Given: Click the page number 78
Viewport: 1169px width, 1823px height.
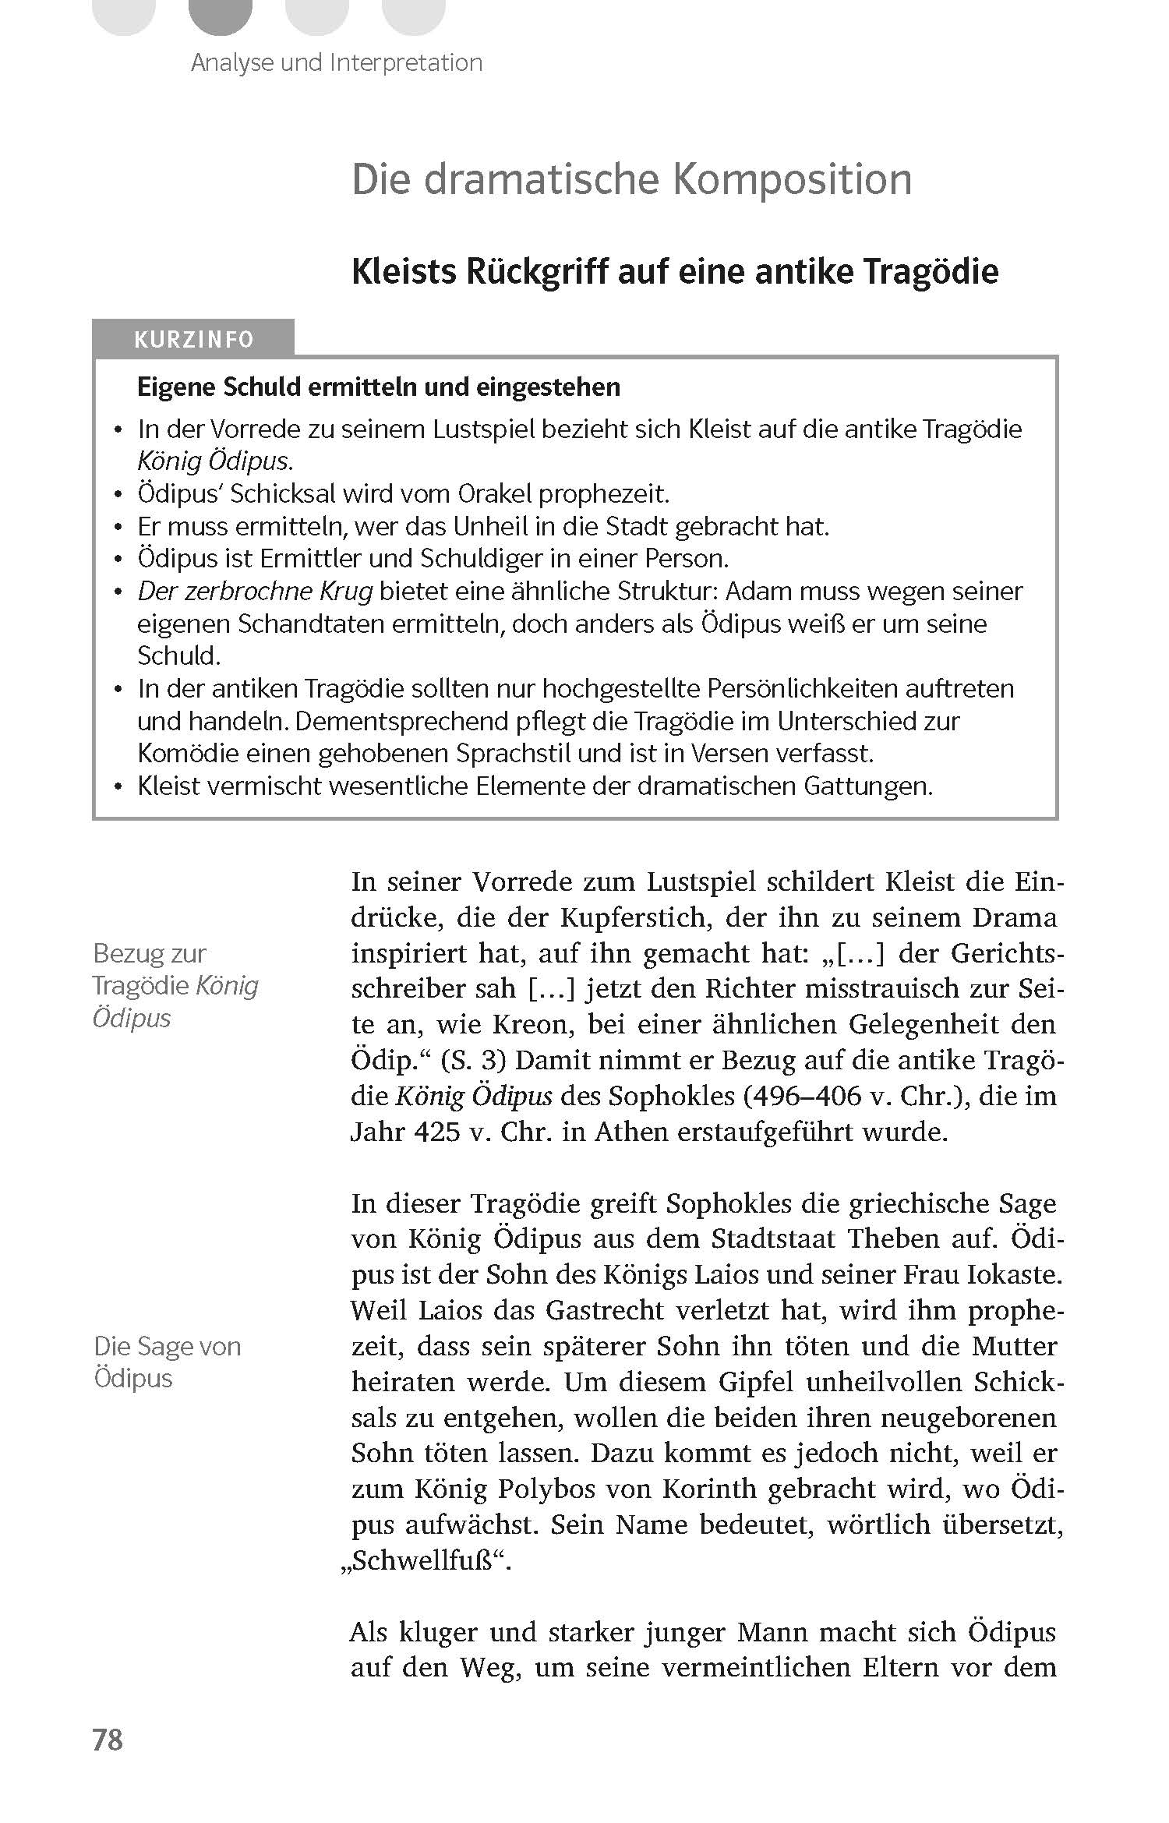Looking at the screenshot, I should pos(108,1739).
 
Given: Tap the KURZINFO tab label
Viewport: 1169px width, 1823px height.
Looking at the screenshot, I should pos(193,340).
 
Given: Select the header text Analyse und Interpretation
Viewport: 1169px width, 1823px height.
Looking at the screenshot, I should pos(337,62).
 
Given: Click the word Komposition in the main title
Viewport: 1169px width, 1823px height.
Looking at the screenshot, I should pos(792,181).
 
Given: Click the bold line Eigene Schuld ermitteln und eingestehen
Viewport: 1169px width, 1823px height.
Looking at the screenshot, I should pos(379,387).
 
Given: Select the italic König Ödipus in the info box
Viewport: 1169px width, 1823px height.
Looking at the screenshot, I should pos(215,461).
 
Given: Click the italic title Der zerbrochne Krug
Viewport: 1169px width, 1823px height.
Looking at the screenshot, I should pos(255,592).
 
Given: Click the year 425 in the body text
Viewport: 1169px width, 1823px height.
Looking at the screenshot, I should pos(436,1132).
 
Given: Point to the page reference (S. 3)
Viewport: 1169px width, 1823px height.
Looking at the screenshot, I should pos(473,1061).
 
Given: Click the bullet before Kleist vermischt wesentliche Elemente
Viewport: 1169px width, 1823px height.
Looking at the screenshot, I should pos(118,787).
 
